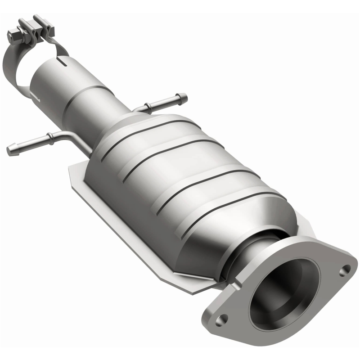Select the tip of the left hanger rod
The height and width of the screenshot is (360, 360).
pos(10,148)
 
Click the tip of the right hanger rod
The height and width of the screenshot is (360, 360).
pos(184,96)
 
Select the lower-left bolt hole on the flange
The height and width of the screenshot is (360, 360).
pos(220,320)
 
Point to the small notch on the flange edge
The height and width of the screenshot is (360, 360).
pos(236,285)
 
